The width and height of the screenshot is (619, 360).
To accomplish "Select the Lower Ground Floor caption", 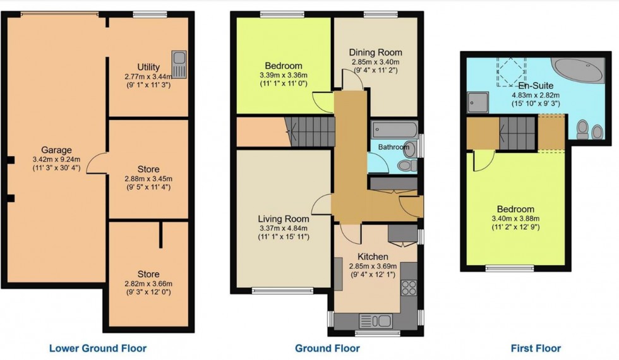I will pyautogui.click(x=97, y=348).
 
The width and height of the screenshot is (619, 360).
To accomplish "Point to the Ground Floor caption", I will pyautogui.click(x=327, y=348).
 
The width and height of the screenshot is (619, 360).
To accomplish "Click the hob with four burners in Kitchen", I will pyautogui.click(x=409, y=287).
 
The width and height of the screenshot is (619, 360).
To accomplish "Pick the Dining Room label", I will pyautogui.click(x=376, y=52).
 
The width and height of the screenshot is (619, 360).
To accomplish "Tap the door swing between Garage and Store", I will pyautogui.click(x=97, y=165).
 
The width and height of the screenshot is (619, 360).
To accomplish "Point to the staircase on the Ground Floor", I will pyautogui.click(x=309, y=131).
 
